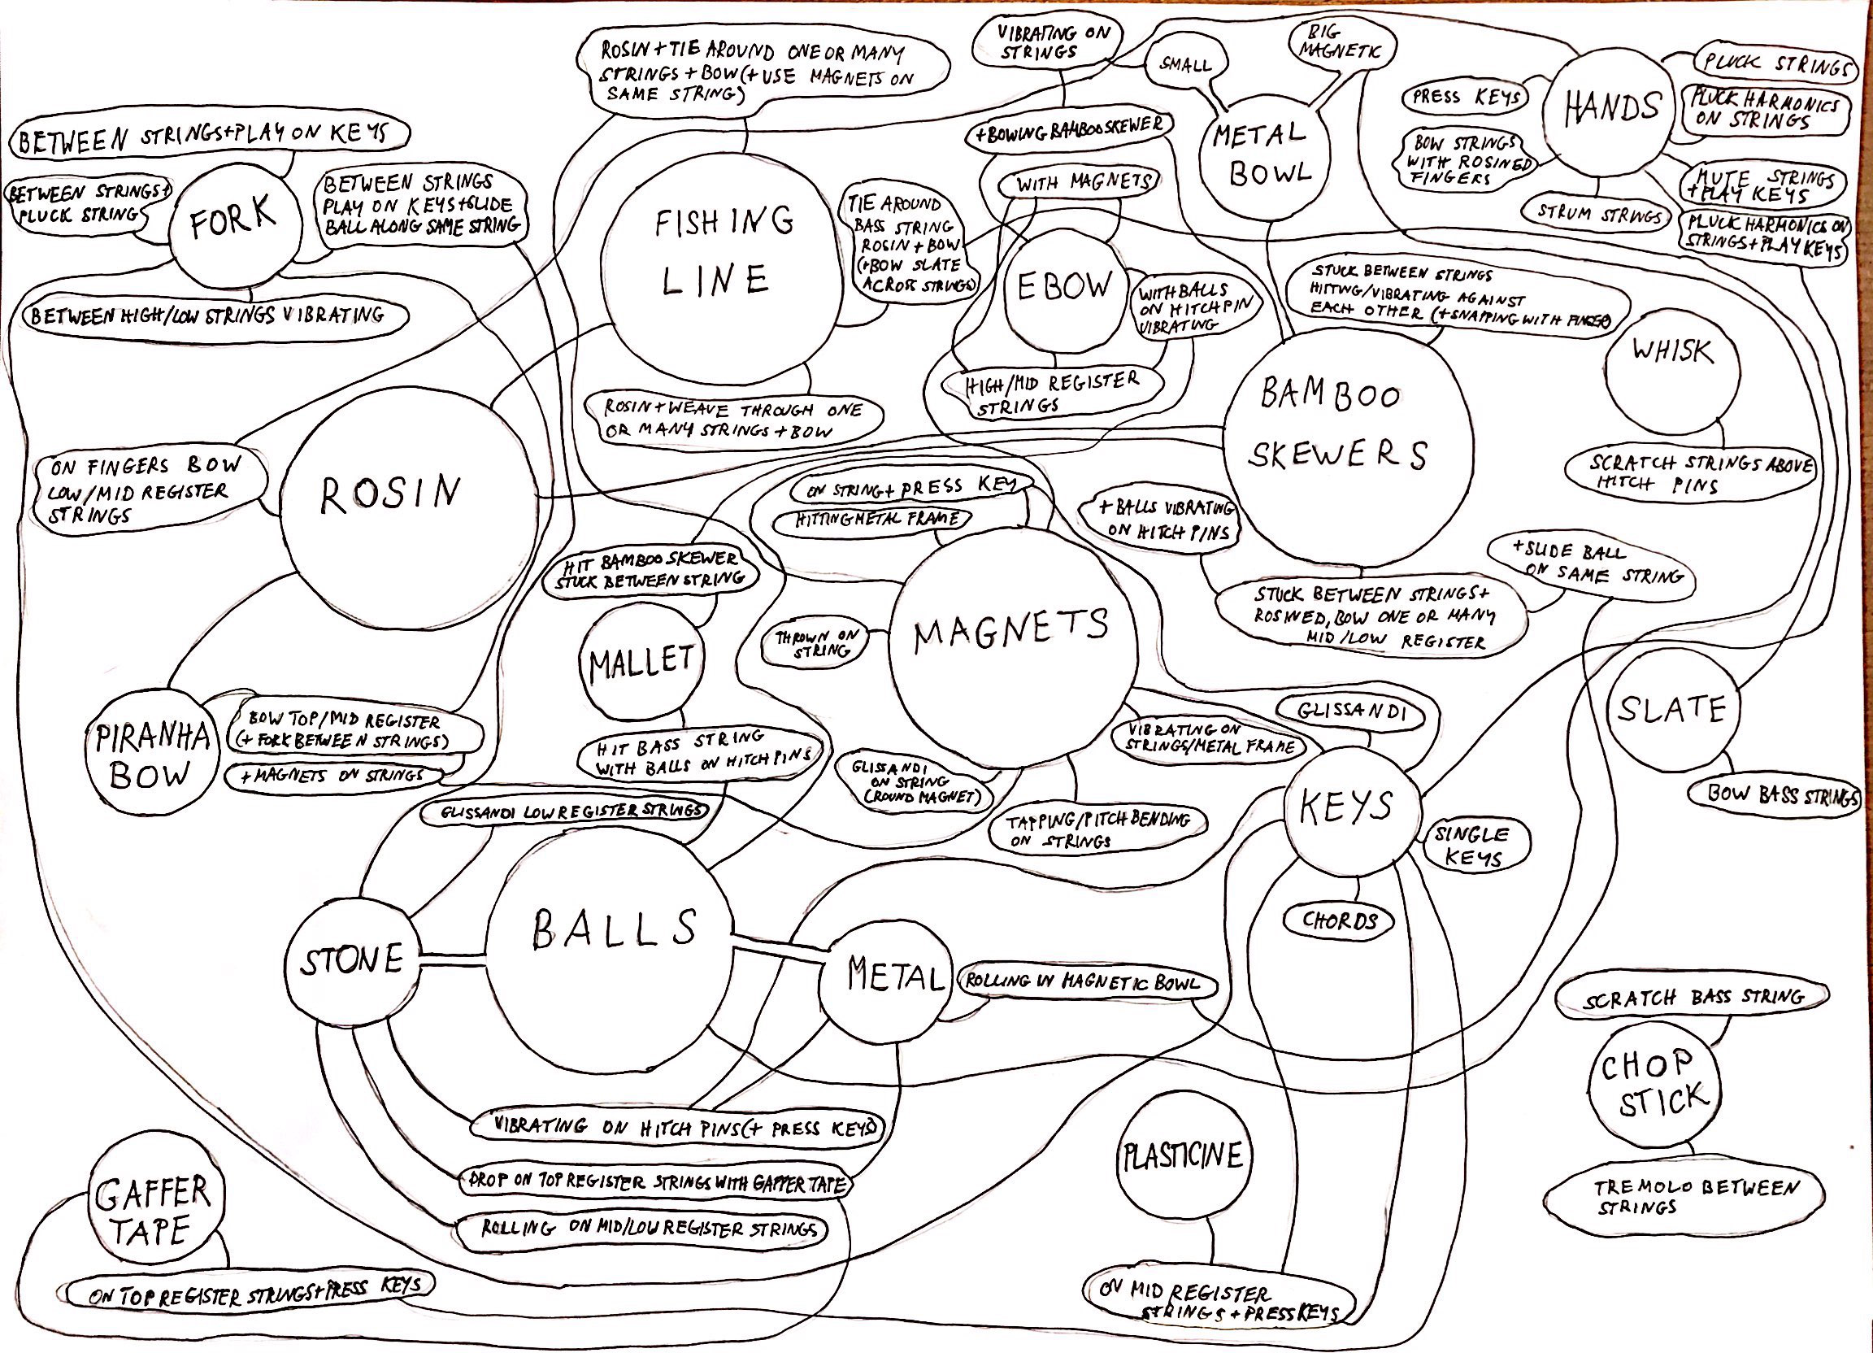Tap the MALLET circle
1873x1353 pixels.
coord(641,663)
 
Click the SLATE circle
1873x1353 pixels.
coord(1671,711)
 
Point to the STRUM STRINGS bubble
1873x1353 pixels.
coord(1599,215)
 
